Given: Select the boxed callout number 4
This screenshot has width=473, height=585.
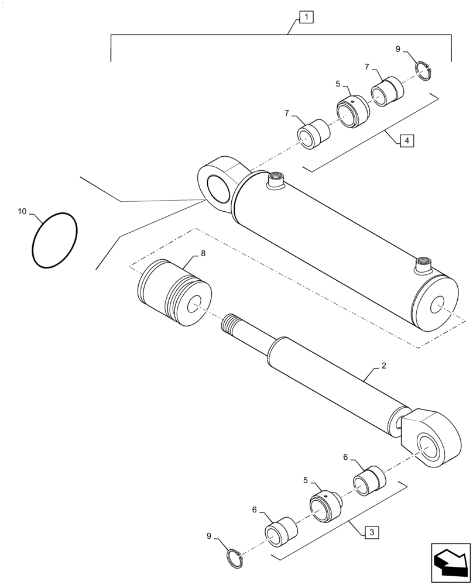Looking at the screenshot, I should (x=406, y=140).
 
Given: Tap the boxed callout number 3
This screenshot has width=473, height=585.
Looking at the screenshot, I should (x=371, y=532).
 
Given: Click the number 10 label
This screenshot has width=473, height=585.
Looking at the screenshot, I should (x=22, y=212).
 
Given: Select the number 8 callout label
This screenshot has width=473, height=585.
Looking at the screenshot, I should (x=203, y=253).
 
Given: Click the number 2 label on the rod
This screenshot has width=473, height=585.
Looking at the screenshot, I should (x=383, y=366).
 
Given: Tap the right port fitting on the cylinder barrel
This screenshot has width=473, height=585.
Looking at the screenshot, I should (x=423, y=266).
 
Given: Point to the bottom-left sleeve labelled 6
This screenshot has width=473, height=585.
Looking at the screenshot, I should (x=281, y=530).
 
